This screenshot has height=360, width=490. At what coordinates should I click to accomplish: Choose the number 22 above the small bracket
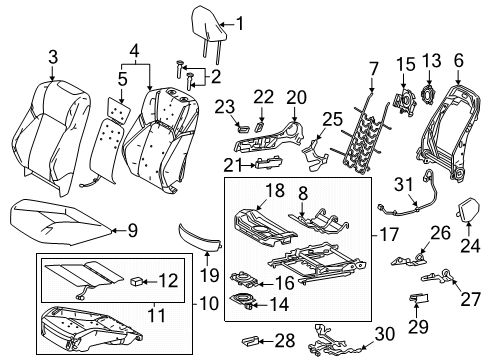(261, 95)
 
